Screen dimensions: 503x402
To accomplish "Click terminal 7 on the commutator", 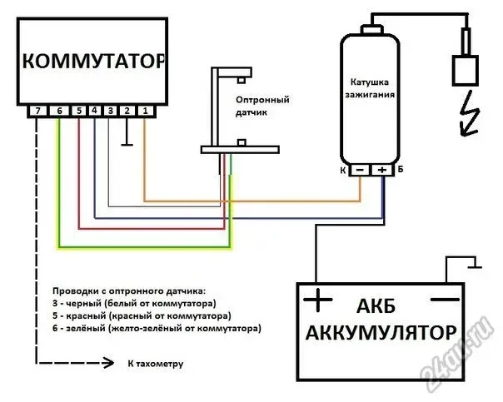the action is pos(38,111).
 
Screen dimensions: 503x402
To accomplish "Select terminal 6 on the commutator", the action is pos(59,111).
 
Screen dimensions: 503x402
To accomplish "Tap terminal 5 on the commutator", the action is pos(79,111).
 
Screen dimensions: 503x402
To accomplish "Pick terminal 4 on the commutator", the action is pos(94,111).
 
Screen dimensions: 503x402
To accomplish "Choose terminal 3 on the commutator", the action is pos(111,111).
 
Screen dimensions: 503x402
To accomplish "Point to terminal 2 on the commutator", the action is pos(127,111).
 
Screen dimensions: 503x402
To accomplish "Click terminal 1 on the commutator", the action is pos(145,111).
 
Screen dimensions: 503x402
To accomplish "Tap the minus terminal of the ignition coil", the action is pos(360,170).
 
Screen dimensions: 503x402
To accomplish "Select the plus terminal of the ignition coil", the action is pos(382,170).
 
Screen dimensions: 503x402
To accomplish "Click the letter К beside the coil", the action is pos(343,171).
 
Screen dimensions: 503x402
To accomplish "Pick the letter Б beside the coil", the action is pos(401,169).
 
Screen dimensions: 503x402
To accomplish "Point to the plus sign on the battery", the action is pos(317,300).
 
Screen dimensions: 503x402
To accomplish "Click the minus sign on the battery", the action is pos(445,300).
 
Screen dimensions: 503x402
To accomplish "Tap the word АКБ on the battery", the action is pos(376,306).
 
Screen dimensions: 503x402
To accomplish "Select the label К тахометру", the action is pos(156,365).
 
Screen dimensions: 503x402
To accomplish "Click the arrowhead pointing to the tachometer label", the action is pos(108,363).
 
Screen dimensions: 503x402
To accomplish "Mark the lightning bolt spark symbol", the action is pos(470,113).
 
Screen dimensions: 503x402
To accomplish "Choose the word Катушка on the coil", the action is pos(369,82).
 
